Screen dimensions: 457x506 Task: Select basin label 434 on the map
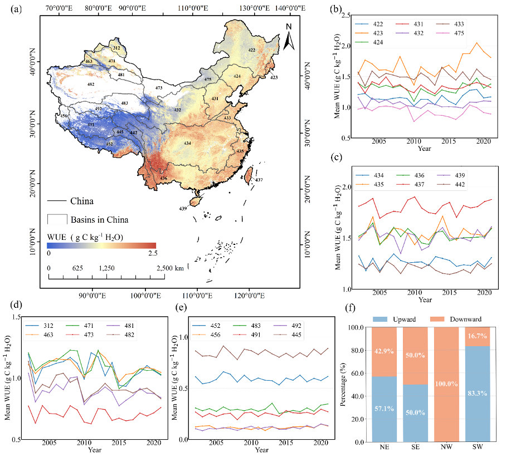[188, 143]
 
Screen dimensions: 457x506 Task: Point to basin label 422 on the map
[252, 51]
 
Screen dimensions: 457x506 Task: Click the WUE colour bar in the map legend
[101, 245]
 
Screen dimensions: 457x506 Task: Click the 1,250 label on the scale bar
[106, 268]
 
